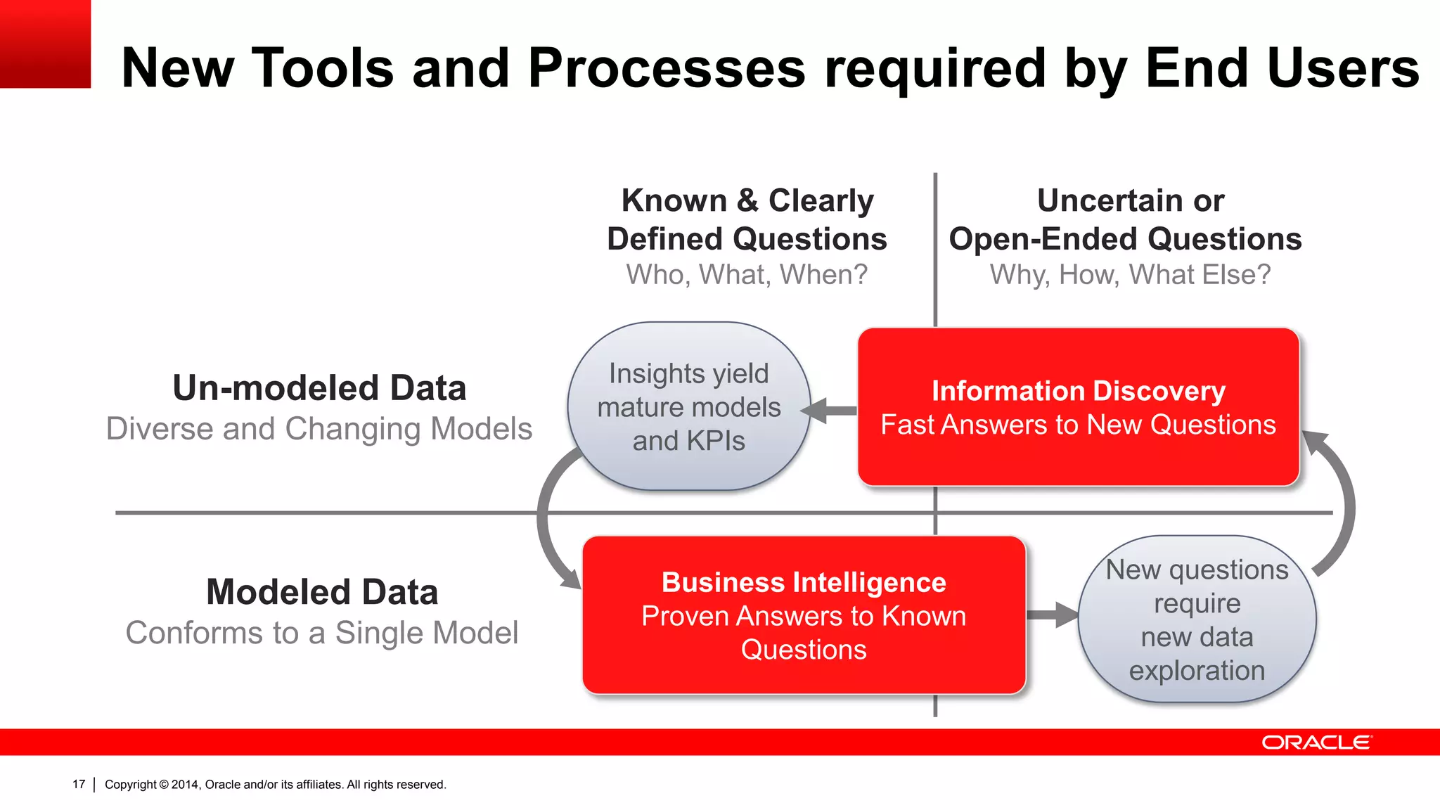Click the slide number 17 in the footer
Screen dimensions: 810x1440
click(79, 784)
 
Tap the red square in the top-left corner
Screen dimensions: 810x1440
click(45, 44)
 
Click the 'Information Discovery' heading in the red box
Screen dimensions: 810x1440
click(1078, 391)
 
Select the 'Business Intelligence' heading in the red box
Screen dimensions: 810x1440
click(804, 582)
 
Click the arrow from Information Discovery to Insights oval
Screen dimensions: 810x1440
click(830, 411)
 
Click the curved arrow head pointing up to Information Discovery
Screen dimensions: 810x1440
click(1314, 443)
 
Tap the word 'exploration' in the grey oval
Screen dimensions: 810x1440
click(1197, 671)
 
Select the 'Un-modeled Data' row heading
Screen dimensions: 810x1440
click(319, 388)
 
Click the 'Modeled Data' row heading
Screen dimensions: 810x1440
click(322, 592)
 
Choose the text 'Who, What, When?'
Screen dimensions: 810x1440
click(747, 274)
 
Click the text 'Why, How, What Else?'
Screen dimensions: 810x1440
click(1130, 274)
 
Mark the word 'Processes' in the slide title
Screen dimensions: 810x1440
click(667, 68)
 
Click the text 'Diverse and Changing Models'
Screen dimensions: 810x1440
click(319, 429)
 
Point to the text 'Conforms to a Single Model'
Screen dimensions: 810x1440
click(322, 633)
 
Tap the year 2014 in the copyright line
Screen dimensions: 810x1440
click(186, 784)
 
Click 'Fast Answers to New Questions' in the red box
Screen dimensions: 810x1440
click(1078, 425)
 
